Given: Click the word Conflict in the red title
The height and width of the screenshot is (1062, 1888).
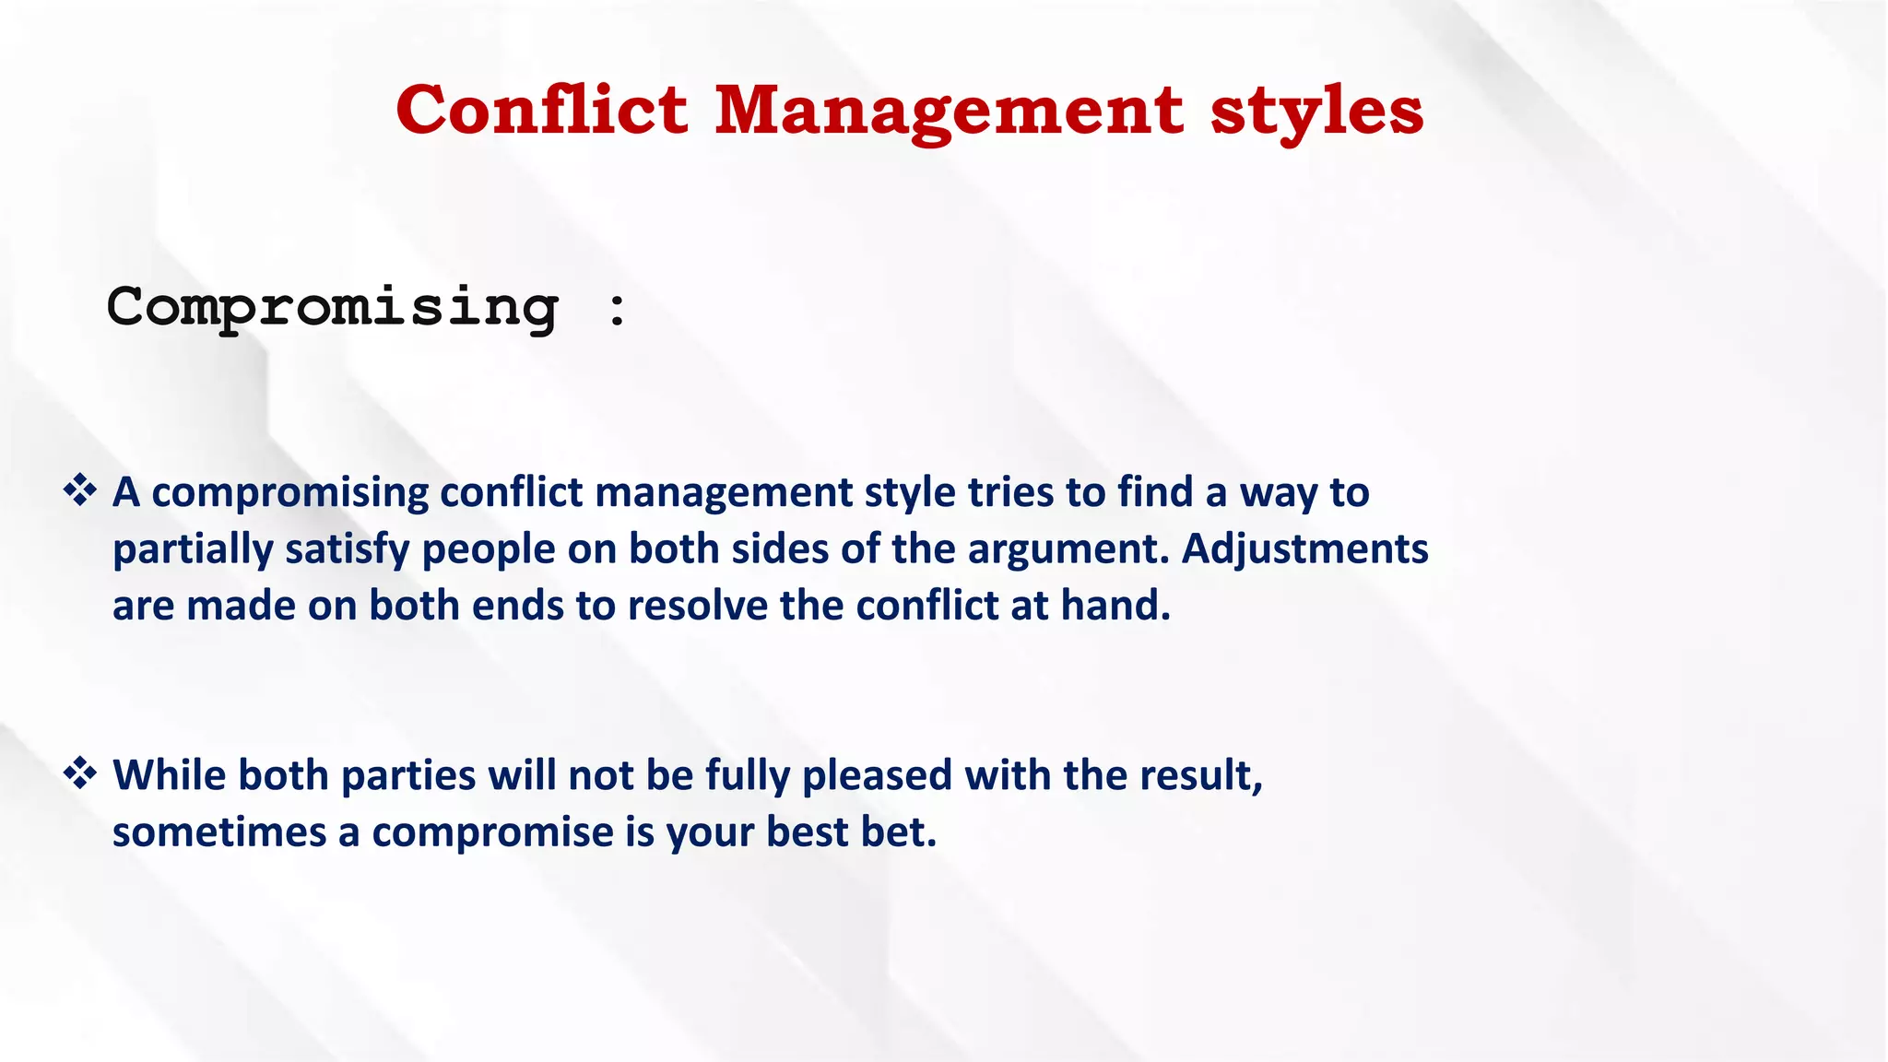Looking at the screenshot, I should point(541,111).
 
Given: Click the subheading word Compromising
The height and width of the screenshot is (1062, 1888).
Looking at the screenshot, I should point(333,307).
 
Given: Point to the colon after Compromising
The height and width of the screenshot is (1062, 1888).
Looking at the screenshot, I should point(618,309).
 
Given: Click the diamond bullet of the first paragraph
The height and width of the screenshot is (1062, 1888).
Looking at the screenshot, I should point(80,490).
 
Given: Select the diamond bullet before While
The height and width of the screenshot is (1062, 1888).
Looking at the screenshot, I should point(80,773).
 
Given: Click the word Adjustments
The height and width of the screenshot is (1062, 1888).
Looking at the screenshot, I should point(1304,549).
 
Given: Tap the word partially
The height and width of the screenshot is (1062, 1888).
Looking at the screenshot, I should point(192,550).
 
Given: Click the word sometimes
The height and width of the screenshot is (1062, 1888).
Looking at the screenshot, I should point(219,832).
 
